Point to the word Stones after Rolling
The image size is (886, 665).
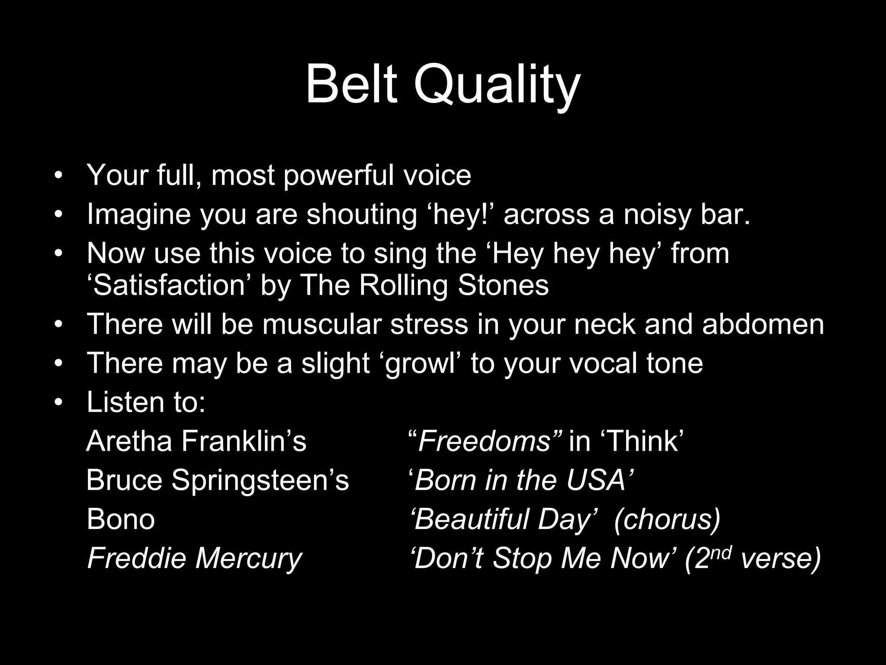[x=503, y=285]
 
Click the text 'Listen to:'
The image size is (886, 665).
[x=146, y=402]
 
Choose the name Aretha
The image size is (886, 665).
[x=129, y=441]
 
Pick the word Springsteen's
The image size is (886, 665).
[x=260, y=481]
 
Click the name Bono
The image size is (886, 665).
[x=121, y=519]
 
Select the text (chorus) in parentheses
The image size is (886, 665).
[x=667, y=520]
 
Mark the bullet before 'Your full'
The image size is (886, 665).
[x=59, y=176]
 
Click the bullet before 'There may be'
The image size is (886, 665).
[x=59, y=364]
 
